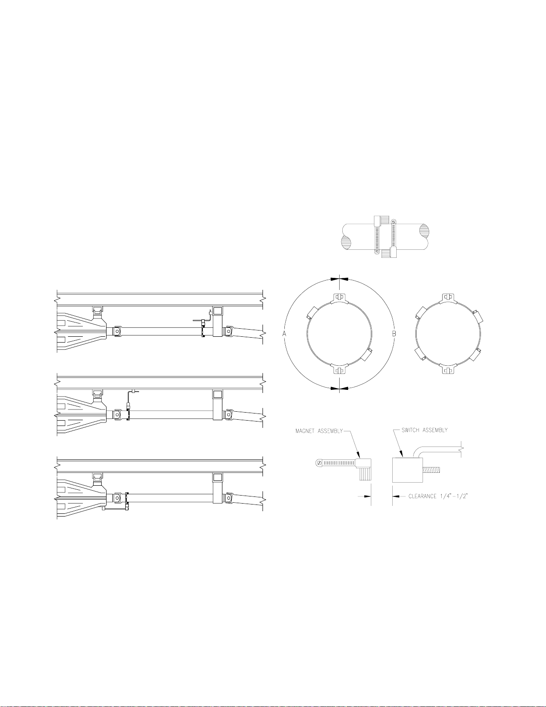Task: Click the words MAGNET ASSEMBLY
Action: click(x=319, y=431)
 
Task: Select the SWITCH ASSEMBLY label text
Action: click(x=424, y=430)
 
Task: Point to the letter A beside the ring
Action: click(x=284, y=334)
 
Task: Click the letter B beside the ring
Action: click(x=394, y=334)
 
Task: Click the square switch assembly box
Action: click(x=407, y=470)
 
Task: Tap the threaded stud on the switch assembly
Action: click(x=431, y=470)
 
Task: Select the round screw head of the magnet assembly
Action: click(x=319, y=462)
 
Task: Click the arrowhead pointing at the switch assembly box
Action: click(x=402, y=455)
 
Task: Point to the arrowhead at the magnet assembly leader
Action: click(x=358, y=455)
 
